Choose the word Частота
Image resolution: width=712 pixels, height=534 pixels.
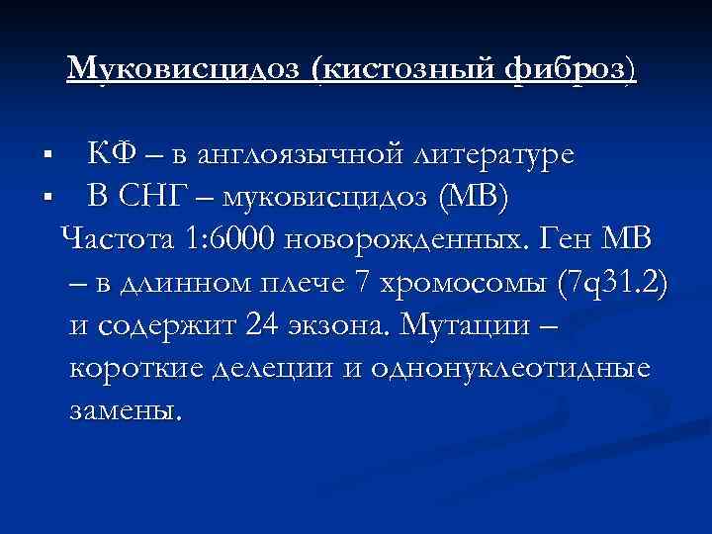click(117, 240)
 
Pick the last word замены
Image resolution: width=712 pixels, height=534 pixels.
click(126, 410)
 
